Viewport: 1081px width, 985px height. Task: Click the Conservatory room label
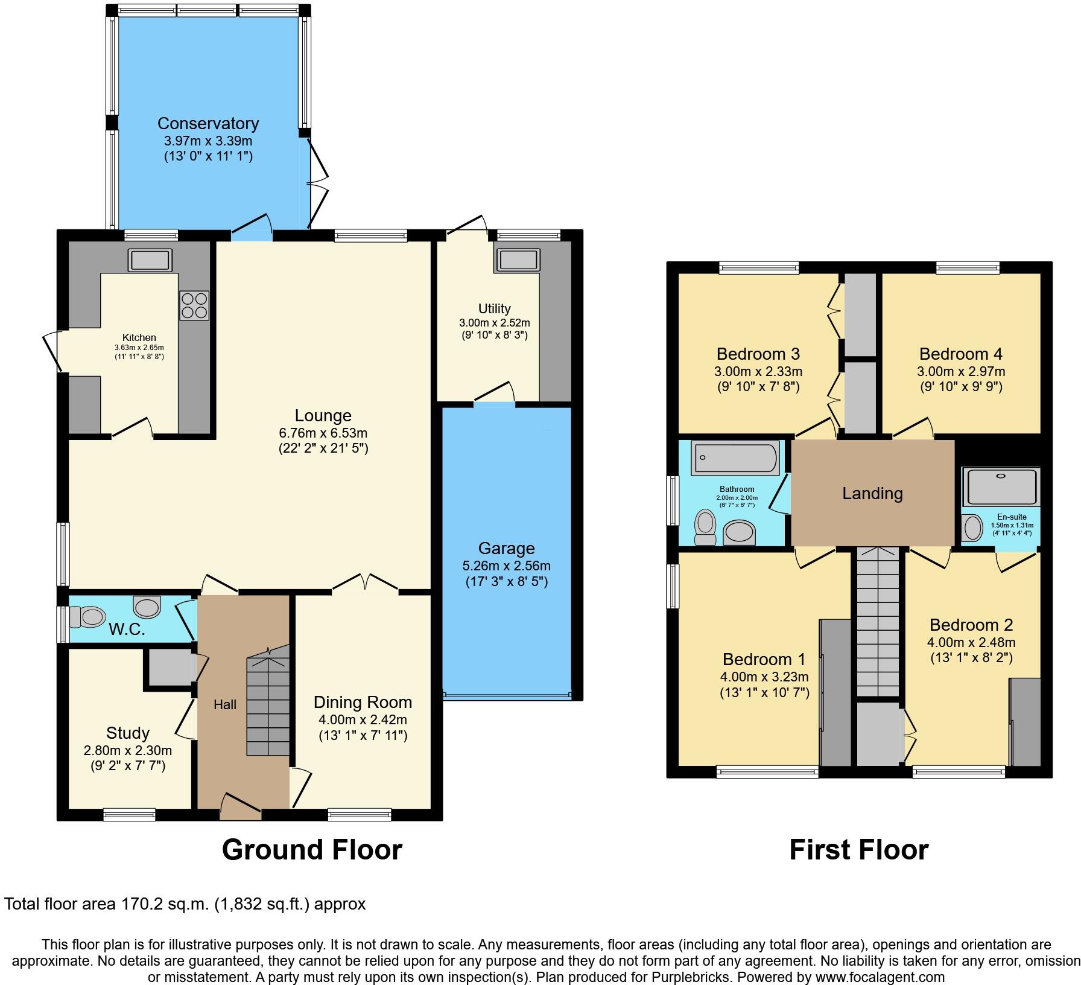pyautogui.click(x=208, y=123)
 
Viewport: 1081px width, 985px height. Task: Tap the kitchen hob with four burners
pyautogui.click(x=194, y=305)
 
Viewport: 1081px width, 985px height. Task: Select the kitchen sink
pyautogui.click(x=150, y=260)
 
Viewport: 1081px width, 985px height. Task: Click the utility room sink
pyautogui.click(x=518, y=260)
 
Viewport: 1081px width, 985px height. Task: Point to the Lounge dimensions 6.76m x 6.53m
pyautogui.click(x=323, y=433)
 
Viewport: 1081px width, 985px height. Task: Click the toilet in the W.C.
pyautogui.click(x=87, y=617)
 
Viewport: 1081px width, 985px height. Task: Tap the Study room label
pyautogui.click(x=127, y=733)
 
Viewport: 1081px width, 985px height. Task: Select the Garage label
pyautogui.click(x=506, y=548)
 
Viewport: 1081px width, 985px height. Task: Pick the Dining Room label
pyautogui.click(x=363, y=702)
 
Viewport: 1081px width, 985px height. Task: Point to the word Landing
pyautogui.click(x=872, y=494)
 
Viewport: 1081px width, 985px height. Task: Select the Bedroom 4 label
pyautogui.click(x=961, y=354)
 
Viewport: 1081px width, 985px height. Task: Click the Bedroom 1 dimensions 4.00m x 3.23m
pyautogui.click(x=764, y=677)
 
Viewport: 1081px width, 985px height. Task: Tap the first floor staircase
pyautogui.click(x=878, y=622)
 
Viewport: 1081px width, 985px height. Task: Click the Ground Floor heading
pyautogui.click(x=312, y=850)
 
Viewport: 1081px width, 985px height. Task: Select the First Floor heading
pyautogui.click(x=858, y=850)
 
